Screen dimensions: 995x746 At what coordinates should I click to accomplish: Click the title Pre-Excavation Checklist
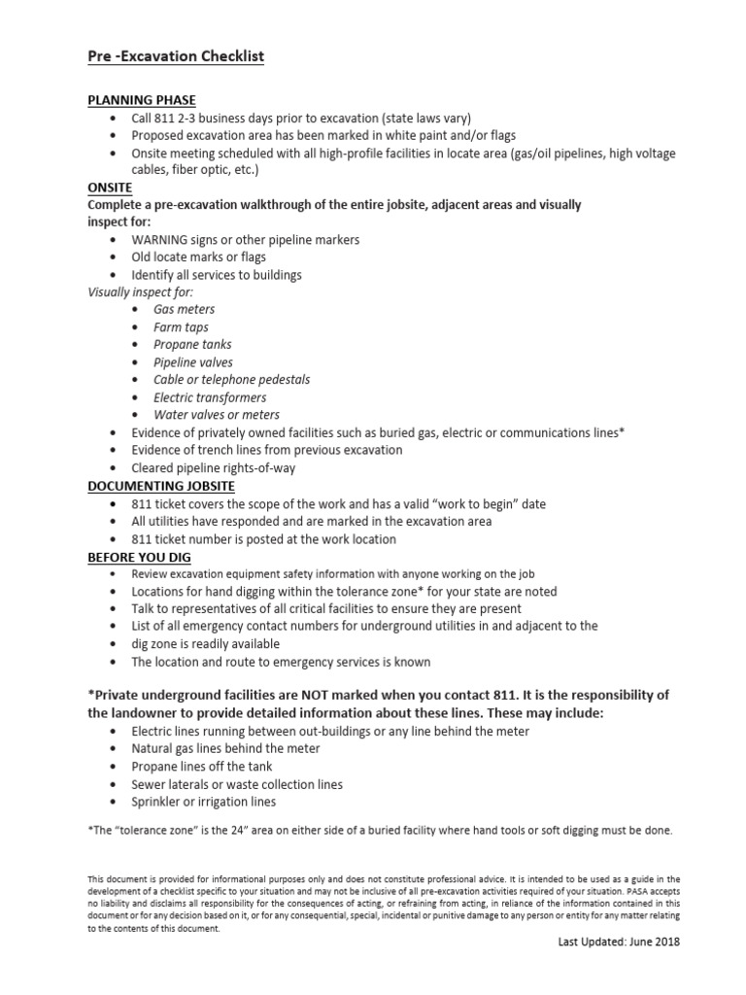point(176,57)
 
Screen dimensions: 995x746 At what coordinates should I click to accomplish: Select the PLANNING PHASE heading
point(142,101)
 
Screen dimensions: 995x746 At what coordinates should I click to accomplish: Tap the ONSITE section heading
point(110,188)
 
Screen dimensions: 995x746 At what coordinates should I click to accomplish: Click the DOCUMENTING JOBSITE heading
point(160,485)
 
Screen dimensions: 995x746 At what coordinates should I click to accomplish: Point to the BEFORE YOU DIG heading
point(139,557)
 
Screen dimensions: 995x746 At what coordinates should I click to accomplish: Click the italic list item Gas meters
point(185,310)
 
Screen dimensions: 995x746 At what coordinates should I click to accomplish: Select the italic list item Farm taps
point(181,327)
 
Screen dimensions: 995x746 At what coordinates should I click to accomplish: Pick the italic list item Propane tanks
point(192,345)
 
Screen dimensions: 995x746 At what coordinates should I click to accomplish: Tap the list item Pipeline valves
point(193,362)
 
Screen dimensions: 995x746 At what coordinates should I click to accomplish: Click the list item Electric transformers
point(210,397)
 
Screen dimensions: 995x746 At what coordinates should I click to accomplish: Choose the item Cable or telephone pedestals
point(231,380)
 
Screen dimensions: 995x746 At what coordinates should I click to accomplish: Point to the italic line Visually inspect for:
point(141,292)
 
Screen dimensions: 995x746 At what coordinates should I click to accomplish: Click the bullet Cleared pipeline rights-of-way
point(214,467)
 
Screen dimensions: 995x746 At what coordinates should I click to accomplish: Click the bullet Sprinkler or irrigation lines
point(204,802)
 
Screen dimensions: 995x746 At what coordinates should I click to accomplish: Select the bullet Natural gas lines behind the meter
point(225,749)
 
